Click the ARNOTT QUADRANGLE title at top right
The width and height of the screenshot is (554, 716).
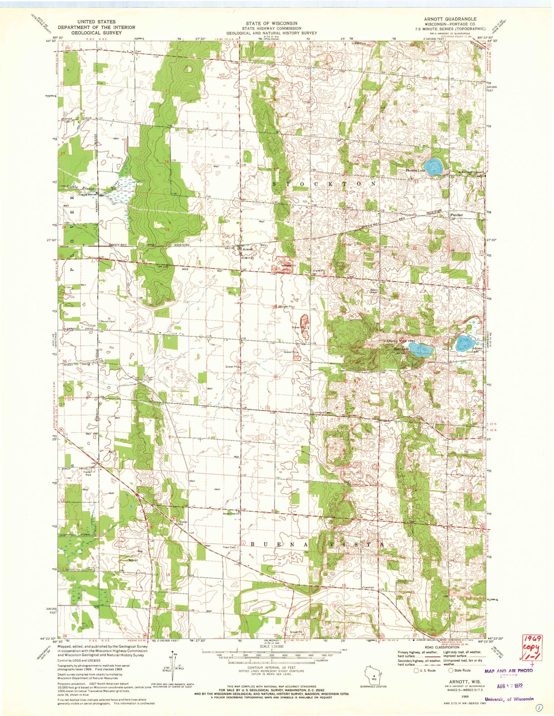445,19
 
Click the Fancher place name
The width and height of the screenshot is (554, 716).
457,215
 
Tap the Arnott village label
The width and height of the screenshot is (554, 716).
248,249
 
